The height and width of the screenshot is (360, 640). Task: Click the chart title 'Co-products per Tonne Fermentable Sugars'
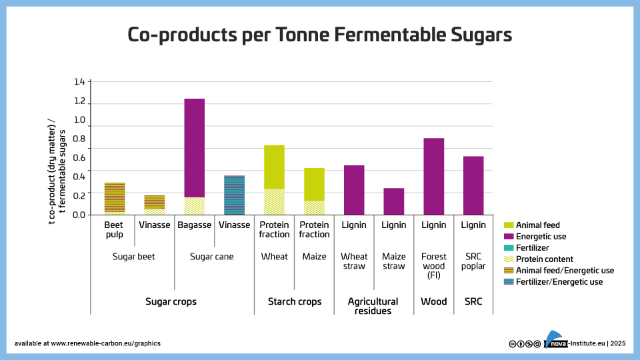pyautogui.click(x=320, y=35)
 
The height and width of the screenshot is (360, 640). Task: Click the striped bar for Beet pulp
pyautogui.click(x=115, y=198)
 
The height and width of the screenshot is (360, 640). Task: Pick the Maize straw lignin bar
pyautogui.click(x=394, y=201)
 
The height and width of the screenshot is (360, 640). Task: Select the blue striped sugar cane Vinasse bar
pyautogui.click(x=234, y=195)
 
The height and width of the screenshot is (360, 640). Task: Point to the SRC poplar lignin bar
pyautogui.click(x=473, y=185)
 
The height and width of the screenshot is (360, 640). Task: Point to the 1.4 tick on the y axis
pyautogui.click(x=79, y=82)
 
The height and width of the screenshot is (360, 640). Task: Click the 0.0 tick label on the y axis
pyautogui.click(x=79, y=214)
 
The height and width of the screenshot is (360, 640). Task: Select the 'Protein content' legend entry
pyautogui.click(x=544, y=259)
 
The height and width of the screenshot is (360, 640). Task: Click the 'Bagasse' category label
pyautogui.click(x=194, y=225)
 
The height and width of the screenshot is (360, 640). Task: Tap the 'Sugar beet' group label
pyautogui.click(x=134, y=257)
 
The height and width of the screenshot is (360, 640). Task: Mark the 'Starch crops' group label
pyautogui.click(x=294, y=301)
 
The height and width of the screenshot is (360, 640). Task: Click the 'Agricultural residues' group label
pyautogui.click(x=373, y=306)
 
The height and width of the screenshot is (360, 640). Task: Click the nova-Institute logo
pyautogui.click(x=555, y=341)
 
